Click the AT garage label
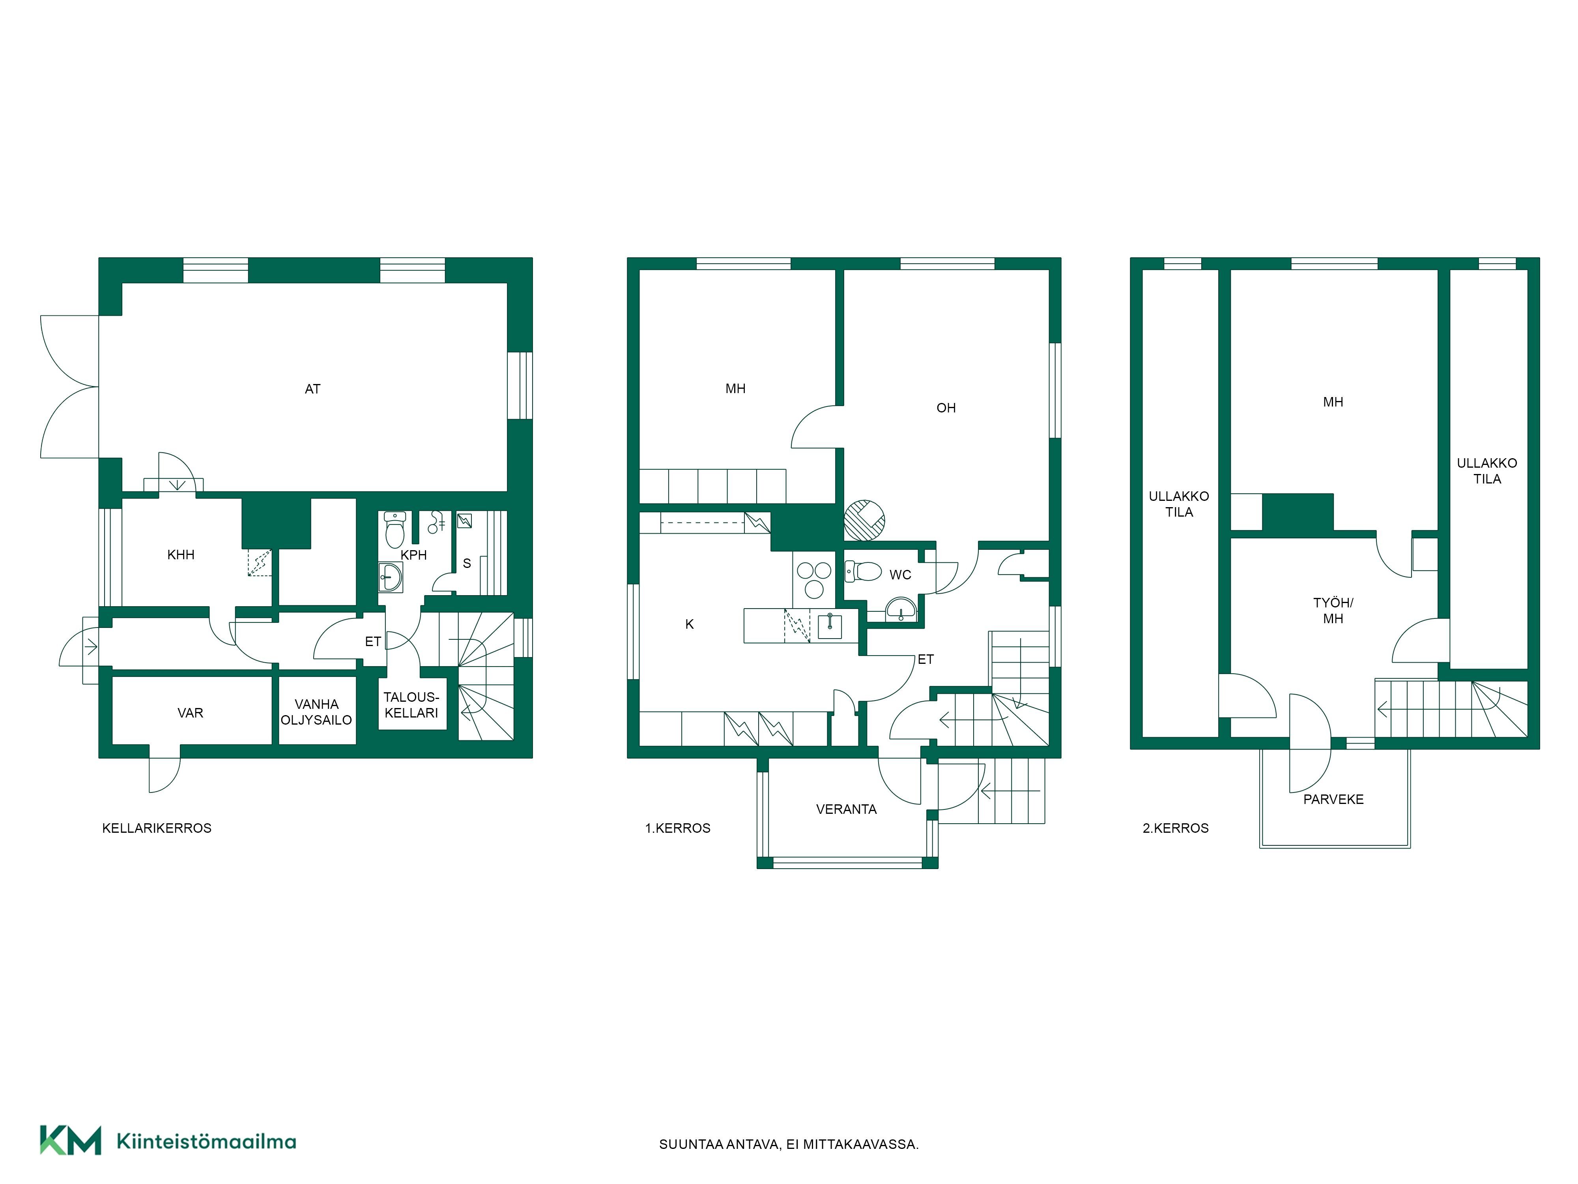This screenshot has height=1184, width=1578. click(312, 389)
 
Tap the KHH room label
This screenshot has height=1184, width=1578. click(181, 555)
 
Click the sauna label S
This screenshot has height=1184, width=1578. click(467, 563)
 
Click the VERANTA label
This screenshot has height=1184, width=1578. click(846, 809)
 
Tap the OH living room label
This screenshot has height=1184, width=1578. click(946, 408)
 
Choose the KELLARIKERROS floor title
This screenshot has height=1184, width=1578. click(157, 828)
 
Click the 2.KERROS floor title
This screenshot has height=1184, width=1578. click(1176, 828)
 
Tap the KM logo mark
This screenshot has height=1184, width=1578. click(70, 1140)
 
